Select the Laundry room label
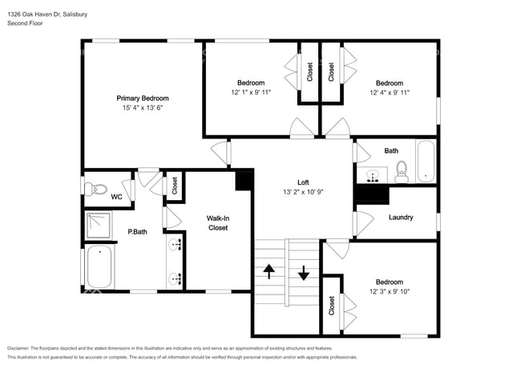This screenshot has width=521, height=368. coord(400,217)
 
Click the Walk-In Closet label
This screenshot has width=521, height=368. coord(217,222)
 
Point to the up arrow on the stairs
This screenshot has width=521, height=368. coord(269,272)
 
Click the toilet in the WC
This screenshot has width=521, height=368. coord(97,189)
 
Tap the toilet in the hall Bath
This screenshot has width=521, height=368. coord(402,170)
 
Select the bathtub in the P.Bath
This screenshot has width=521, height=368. coord(99,266)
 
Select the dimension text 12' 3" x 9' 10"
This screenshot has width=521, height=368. coord(390,292)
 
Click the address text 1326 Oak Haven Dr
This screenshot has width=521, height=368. coord(36,14)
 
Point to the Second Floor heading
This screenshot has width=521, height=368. coord(26,23)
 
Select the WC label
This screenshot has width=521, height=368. coord(116,197)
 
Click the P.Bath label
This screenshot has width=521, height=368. coord(136,233)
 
